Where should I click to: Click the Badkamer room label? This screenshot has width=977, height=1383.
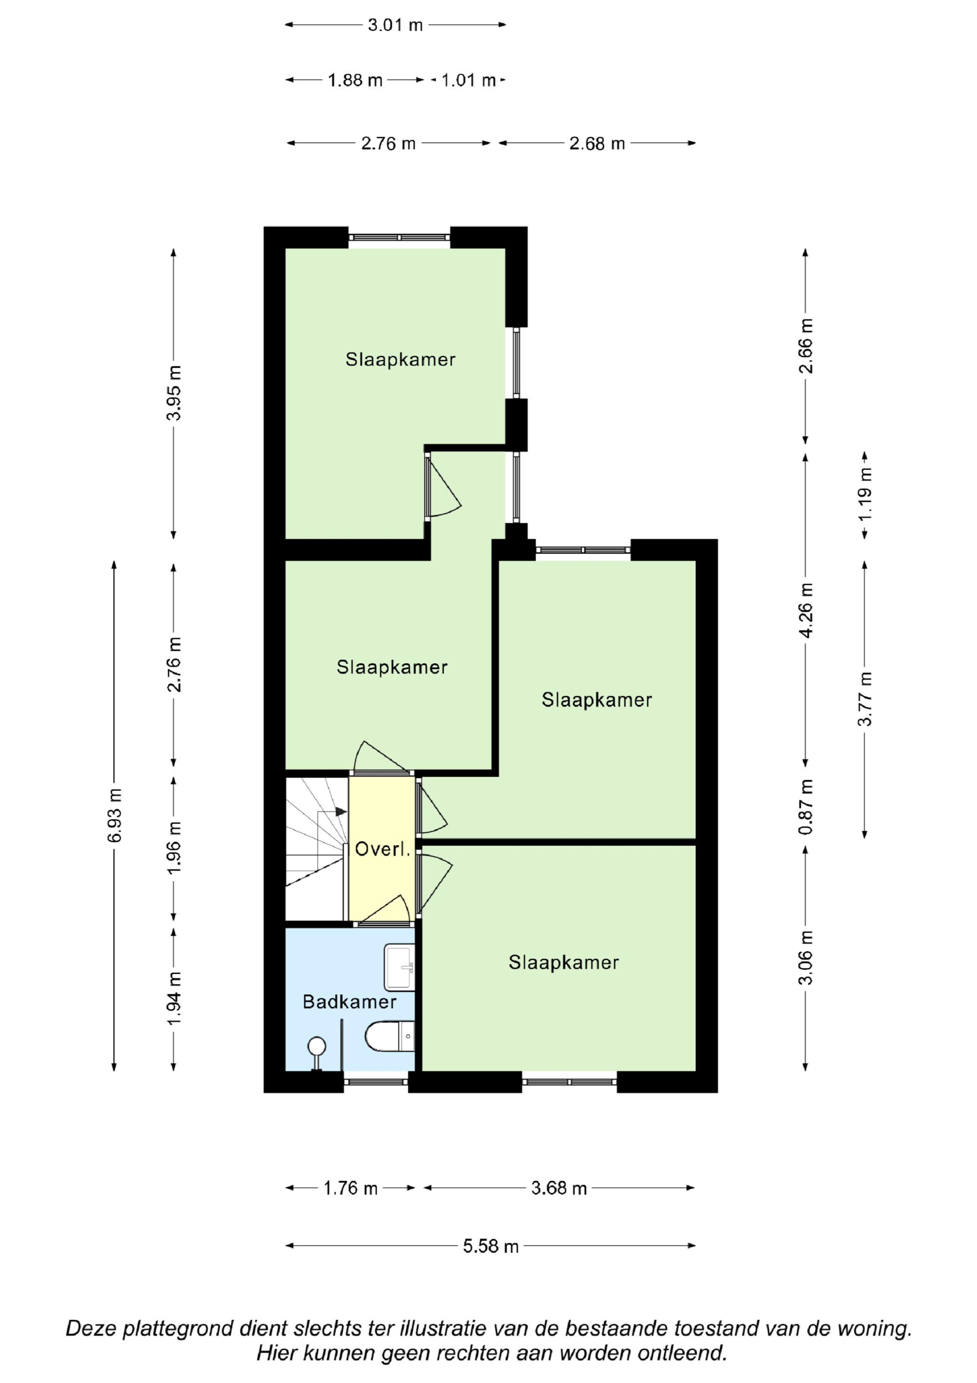(x=349, y=1002)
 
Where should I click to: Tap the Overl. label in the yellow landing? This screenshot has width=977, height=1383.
(x=382, y=849)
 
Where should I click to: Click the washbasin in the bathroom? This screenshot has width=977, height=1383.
(x=399, y=967)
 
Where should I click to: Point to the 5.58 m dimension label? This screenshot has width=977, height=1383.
(x=490, y=1246)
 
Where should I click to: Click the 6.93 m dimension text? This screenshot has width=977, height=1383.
(x=114, y=815)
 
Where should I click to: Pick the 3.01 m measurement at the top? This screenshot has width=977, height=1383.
(x=396, y=25)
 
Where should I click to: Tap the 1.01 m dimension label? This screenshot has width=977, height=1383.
(x=468, y=80)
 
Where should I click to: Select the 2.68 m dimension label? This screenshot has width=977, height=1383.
(x=597, y=143)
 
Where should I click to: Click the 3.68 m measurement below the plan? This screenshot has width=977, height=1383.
(x=559, y=1188)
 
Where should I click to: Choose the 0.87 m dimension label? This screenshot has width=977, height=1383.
(x=806, y=807)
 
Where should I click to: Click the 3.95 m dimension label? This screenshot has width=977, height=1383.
(x=174, y=393)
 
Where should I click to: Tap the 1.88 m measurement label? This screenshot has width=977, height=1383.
(x=355, y=80)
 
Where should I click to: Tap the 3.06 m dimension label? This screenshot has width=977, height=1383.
(x=806, y=958)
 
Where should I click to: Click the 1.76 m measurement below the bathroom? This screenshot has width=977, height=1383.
(x=350, y=1188)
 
